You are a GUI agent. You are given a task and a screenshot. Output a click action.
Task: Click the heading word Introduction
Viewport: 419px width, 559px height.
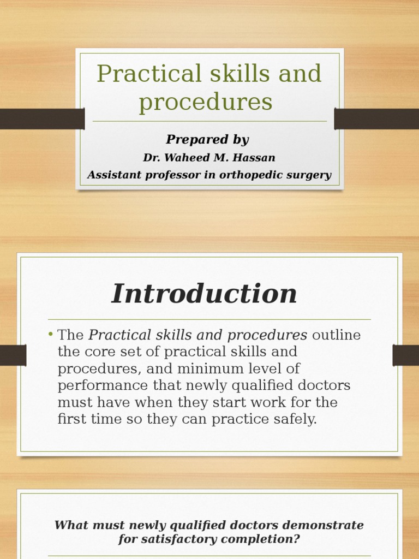205,294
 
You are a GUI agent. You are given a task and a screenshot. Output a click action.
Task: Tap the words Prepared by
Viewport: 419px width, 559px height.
207,140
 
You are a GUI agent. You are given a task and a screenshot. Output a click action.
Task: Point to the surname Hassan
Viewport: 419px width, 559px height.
256,158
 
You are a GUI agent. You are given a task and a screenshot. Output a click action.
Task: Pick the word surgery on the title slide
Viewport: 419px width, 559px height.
311,175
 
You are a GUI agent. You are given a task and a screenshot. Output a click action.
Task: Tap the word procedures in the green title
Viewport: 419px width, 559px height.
205,102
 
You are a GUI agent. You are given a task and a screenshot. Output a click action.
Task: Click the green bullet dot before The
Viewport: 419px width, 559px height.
50,334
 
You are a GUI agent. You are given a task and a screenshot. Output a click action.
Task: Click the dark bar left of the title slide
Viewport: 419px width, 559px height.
42,119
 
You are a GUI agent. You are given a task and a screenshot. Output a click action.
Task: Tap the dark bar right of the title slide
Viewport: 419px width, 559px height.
376,119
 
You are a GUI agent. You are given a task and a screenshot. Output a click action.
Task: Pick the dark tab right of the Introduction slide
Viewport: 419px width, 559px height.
405,355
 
